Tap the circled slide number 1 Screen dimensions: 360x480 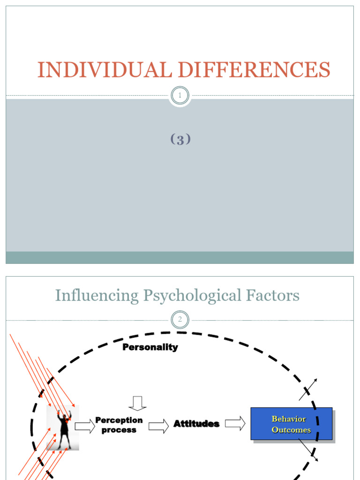point(180,96)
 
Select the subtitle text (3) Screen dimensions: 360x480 point(180,139)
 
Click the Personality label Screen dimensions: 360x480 point(150,347)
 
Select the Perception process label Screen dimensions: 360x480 point(119,425)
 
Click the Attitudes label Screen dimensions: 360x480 point(196,424)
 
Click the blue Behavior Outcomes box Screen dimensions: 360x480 point(291,424)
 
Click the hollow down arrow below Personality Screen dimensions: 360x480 point(137,403)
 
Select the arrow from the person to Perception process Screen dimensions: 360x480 point(85,426)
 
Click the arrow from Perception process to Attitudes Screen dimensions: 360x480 point(159,426)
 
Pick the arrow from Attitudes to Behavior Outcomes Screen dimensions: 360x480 point(235,423)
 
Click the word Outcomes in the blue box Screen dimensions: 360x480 point(291,430)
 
